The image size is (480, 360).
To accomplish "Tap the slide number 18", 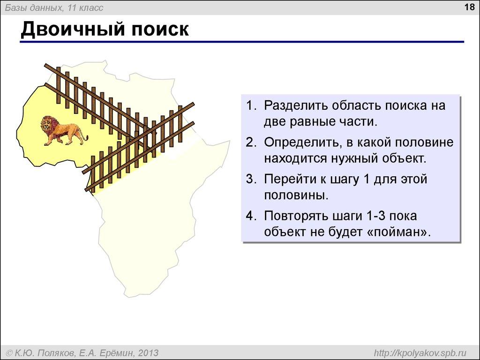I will click(x=468, y=7).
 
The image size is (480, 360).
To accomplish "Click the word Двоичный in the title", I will click(x=68, y=30).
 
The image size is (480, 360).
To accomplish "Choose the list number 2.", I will click(x=250, y=142).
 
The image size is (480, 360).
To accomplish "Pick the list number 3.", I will click(x=250, y=180).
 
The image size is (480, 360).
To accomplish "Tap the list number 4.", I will click(x=250, y=216).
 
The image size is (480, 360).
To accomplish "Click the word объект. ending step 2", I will click(x=404, y=158).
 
